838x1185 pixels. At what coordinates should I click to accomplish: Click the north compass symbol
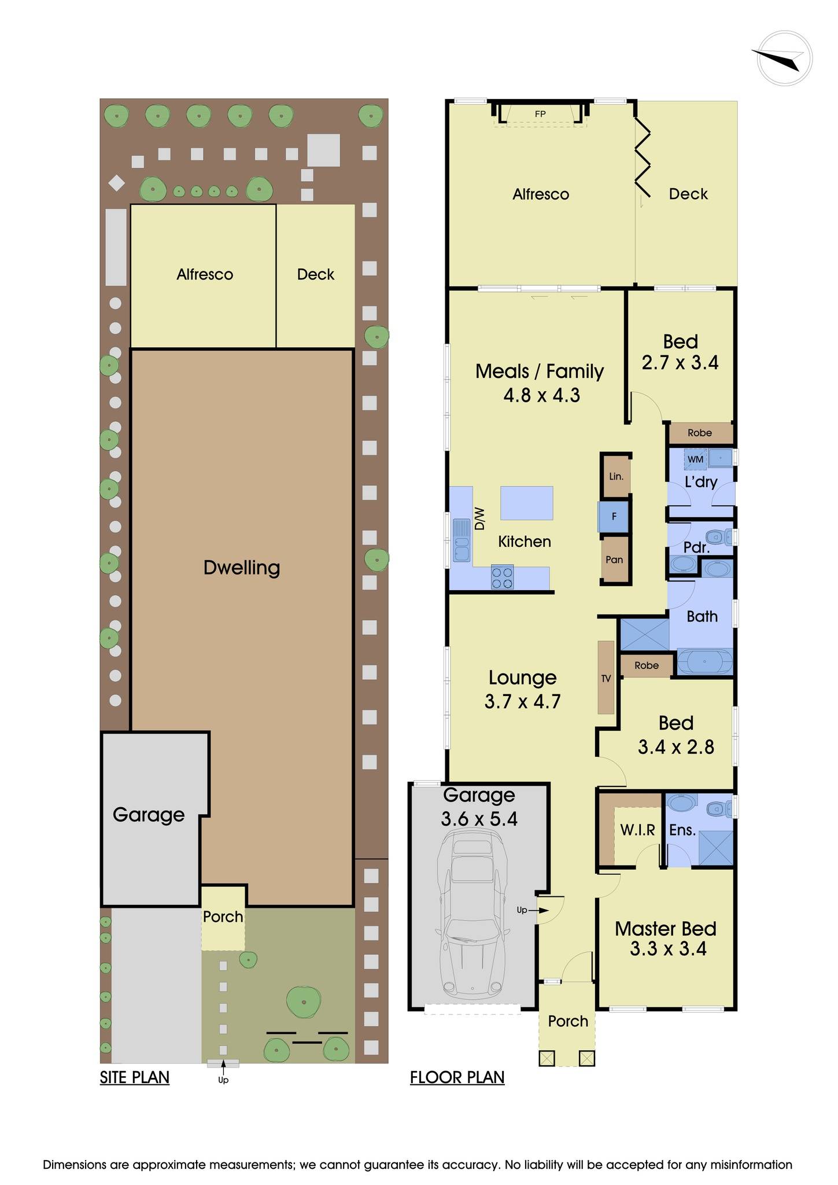click(784, 58)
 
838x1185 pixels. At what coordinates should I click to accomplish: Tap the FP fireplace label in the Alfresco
click(540, 114)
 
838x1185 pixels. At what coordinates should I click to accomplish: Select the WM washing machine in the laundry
click(696, 459)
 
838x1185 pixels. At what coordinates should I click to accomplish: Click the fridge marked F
click(614, 517)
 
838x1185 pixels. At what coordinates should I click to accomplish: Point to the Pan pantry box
click(614, 560)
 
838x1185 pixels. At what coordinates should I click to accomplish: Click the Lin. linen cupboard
click(616, 476)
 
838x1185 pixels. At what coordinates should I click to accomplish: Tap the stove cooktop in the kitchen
click(502, 577)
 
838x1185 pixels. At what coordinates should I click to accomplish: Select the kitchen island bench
click(526, 503)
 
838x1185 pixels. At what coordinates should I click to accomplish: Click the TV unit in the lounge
click(606, 678)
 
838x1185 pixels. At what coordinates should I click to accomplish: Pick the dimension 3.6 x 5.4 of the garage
click(479, 819)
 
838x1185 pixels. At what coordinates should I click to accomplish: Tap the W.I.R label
click(637, 830)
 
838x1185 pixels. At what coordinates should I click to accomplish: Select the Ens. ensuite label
click(682, 830)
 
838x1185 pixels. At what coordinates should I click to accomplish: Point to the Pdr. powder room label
click(696, 547)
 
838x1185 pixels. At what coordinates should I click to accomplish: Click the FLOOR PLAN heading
click(457, 1077)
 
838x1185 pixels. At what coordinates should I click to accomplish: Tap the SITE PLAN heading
click(135, 1077)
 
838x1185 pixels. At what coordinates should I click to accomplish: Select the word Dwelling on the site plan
click(242, 568)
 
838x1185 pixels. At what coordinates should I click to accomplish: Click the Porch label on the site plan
click(223, 917)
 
